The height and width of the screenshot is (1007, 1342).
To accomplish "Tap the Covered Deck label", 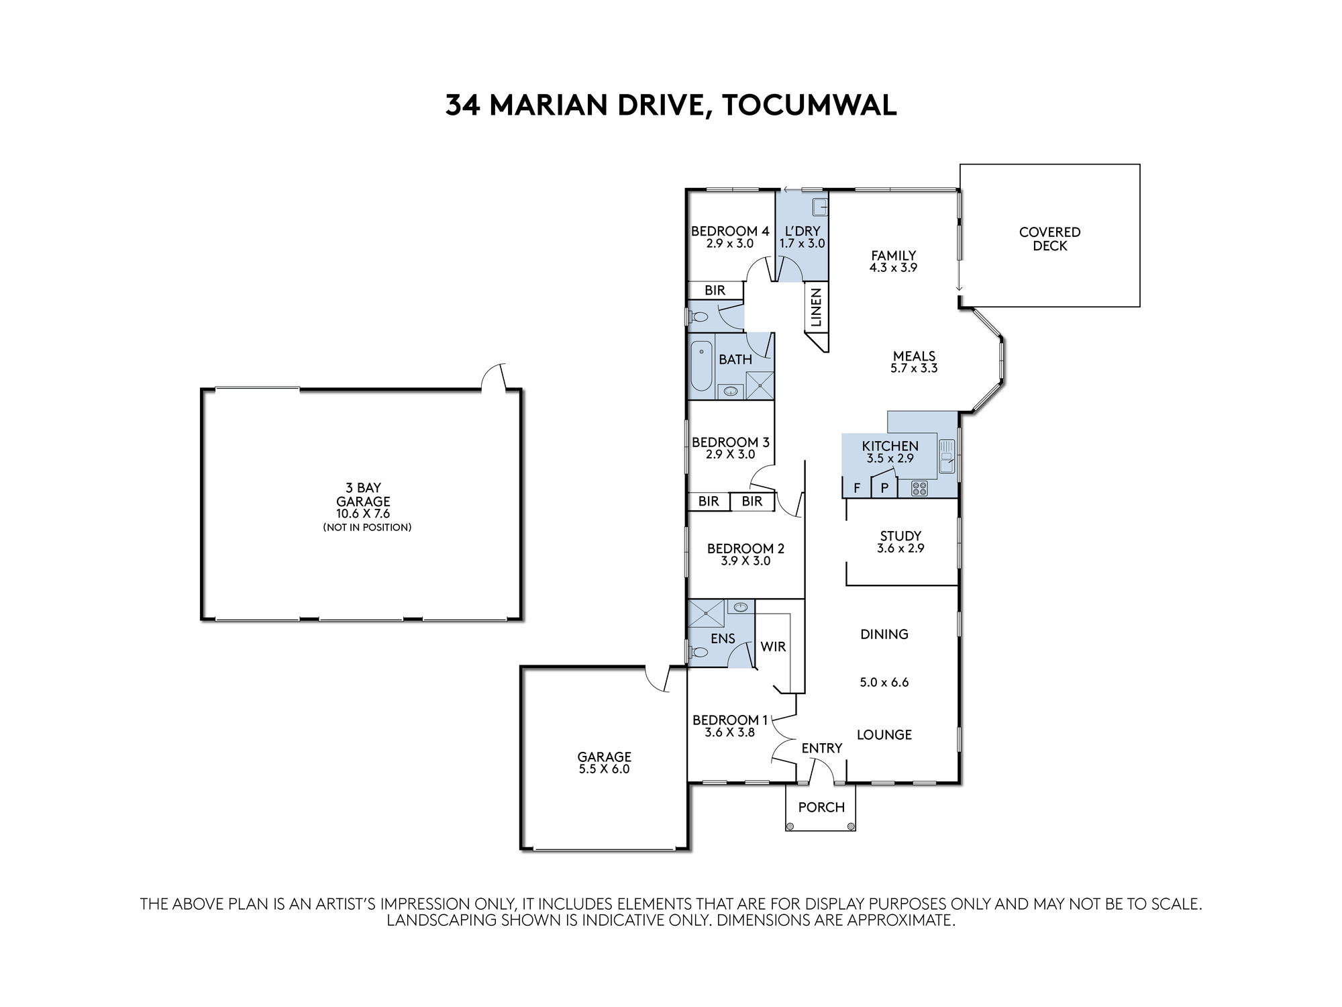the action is [1049, 239].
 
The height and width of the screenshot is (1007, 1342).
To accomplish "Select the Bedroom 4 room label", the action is [730, 232].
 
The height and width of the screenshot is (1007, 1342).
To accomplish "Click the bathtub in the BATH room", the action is [701, 366].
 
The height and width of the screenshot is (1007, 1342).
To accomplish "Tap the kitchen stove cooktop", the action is [919, 489].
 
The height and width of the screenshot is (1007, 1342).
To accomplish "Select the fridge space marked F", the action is [857, 488].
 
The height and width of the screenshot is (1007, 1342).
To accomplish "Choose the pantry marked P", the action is [884, 487].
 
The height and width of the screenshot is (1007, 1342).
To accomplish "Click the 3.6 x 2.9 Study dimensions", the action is [900, 548].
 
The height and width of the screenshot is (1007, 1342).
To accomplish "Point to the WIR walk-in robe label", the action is [773, 646].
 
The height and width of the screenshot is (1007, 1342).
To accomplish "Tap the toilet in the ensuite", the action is [699, 652].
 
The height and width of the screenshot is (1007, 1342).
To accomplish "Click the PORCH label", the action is [821, 807].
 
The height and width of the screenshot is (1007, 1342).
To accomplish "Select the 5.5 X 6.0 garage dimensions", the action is [604, 769].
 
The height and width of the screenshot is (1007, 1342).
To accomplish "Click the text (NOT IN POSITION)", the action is [367, 528].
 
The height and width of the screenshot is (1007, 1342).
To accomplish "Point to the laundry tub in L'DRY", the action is [820, 207].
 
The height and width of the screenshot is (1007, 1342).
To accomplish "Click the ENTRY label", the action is [821, 748].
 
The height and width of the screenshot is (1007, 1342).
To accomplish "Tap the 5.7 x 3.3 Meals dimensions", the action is [914, 369].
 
